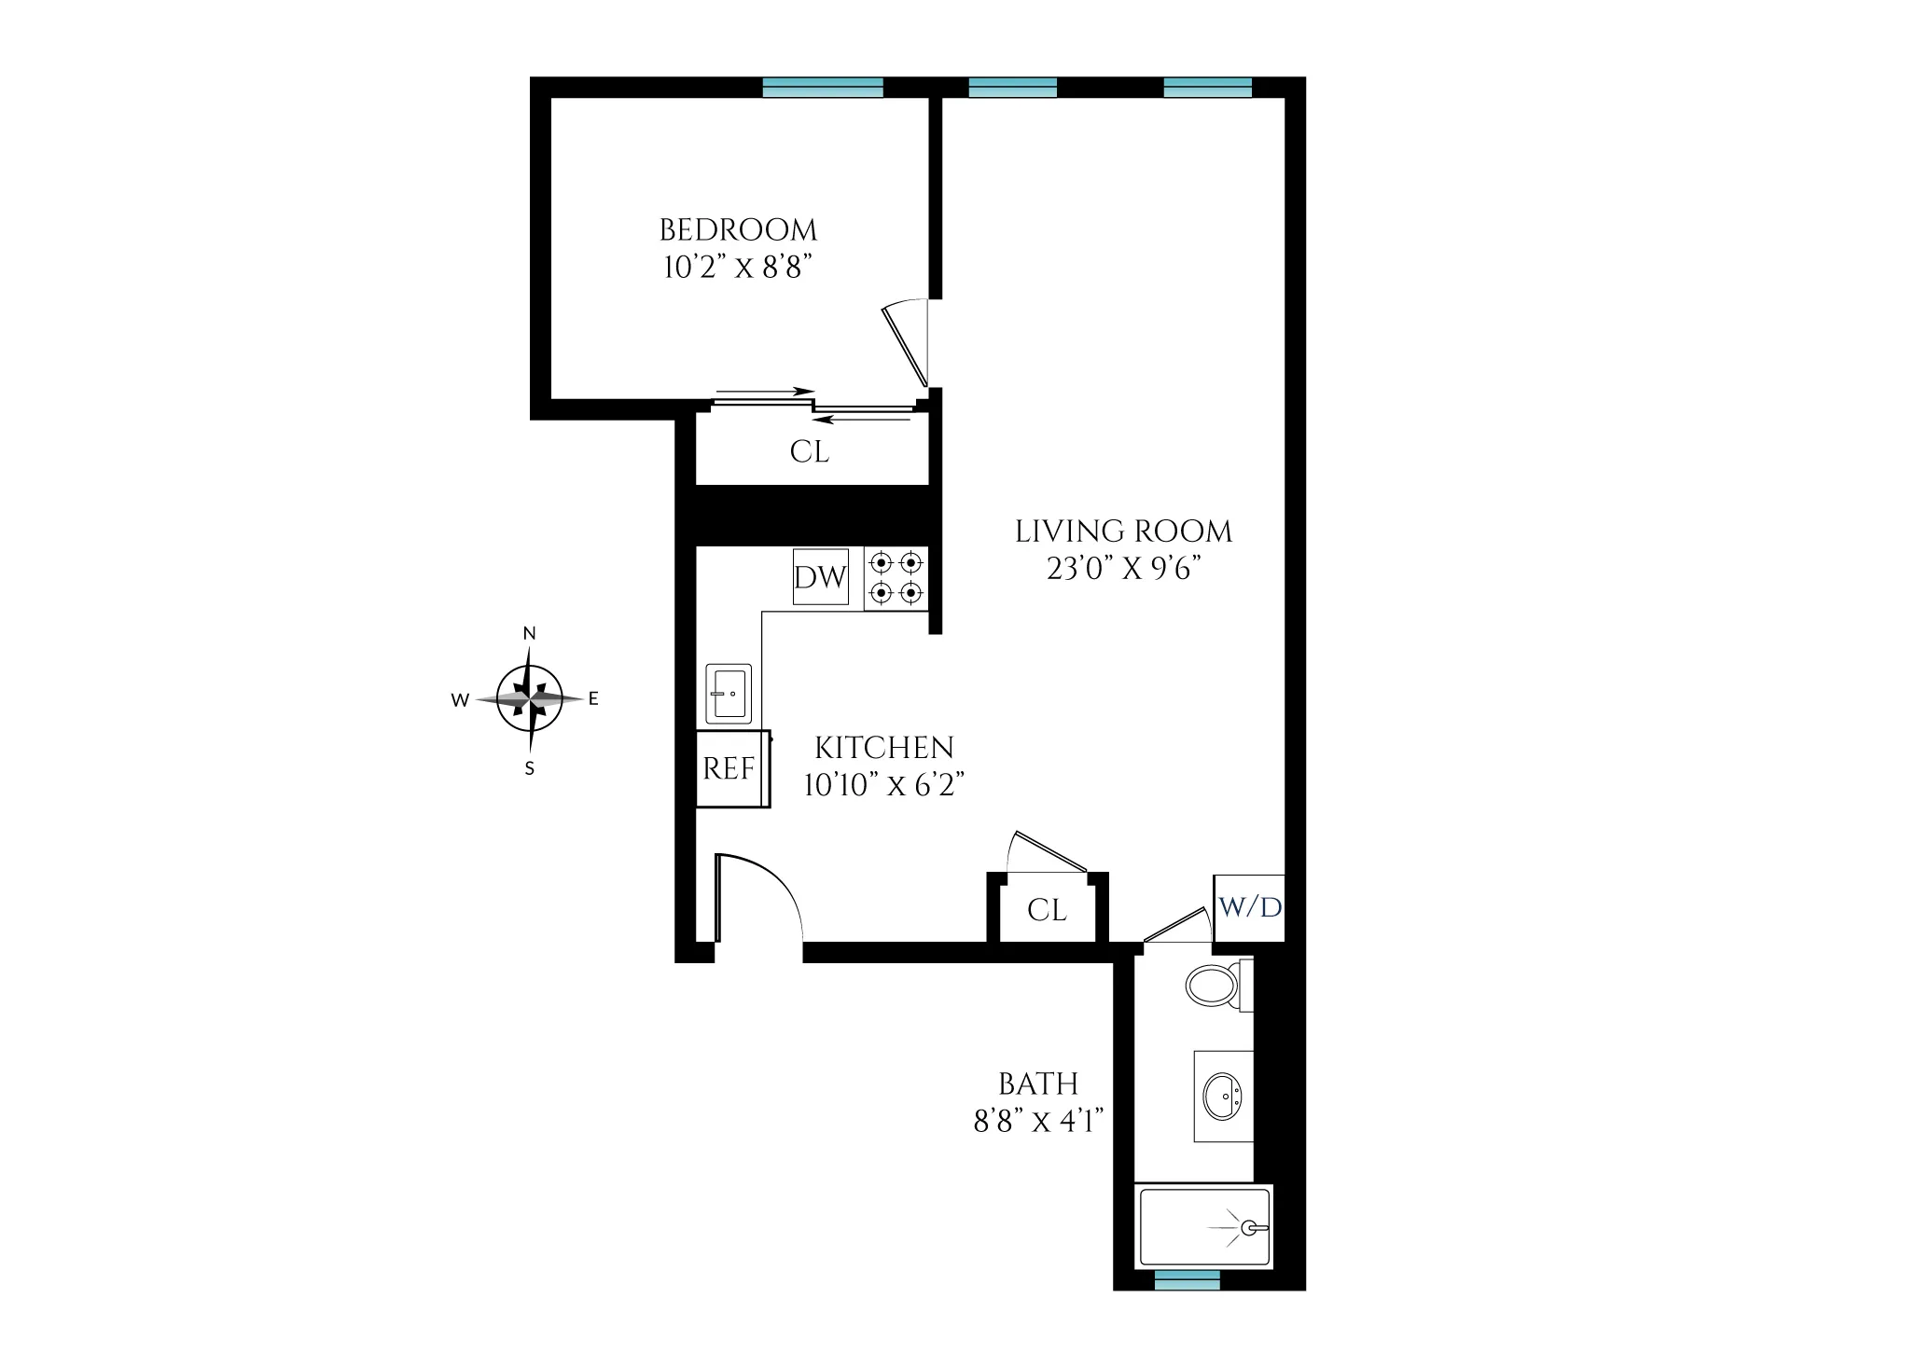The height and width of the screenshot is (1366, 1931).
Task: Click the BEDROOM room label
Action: (x=738, y=230)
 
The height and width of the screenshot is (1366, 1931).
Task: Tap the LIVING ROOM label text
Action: (x=1123, y=532)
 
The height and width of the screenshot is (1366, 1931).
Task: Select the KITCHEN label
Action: (x=884, y=748)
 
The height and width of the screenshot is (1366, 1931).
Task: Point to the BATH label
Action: (x=1038, y=1084)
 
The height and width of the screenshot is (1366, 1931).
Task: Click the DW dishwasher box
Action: (x=820, y=577)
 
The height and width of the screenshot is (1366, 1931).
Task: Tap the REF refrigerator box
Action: (x=730, y=769)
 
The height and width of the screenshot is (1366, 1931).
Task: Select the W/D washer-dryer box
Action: (x=1249, y=907)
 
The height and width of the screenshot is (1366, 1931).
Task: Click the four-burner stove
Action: (x=896, y=578)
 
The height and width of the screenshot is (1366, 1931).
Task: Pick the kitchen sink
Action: (x=729, y=693)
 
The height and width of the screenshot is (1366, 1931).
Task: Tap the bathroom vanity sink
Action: (x=1222, y=1097)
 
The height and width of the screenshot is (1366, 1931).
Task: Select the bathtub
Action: (x=1203, y=1227)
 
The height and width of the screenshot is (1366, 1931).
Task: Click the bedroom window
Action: (x=822, y=88)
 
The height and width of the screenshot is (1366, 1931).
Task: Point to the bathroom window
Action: (x=1187, y=1282)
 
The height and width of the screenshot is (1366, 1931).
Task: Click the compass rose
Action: (x=530, y=697)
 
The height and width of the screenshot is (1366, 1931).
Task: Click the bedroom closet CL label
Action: (x=809, y=452)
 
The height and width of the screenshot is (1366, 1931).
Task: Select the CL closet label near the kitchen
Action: (x=1047, y=910)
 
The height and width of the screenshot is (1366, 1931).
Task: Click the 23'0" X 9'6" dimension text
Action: (x=1122, y=570)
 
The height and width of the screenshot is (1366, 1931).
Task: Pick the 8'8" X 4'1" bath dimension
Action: (x=1038, y=1121)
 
